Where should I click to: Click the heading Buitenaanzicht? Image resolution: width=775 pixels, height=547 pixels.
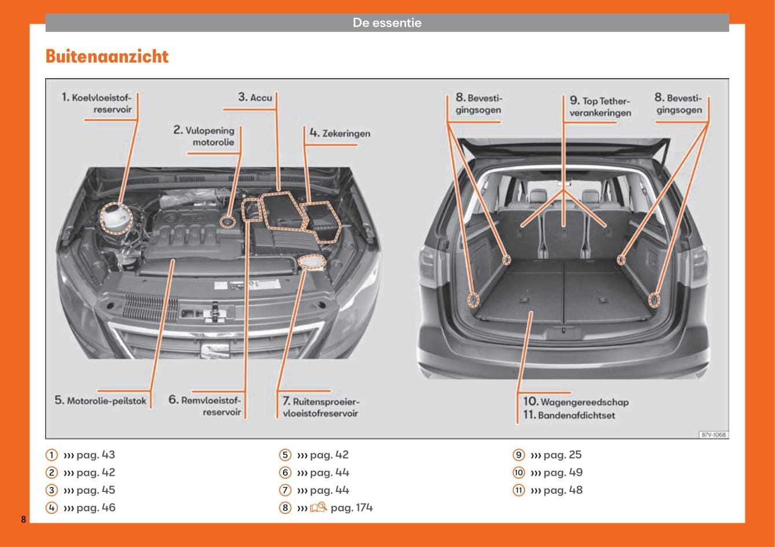coord(107,57)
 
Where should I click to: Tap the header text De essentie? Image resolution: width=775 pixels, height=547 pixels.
coord(387,23)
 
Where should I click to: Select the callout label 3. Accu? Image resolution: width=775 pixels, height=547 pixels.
coord(255,97)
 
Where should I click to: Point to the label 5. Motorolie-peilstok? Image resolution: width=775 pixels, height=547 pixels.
coord(101,400)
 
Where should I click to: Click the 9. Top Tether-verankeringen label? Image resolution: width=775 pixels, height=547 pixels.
coord(600,107)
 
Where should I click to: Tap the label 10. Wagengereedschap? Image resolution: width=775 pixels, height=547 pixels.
coord(575,402)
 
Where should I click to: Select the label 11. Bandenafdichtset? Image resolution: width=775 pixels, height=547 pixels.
coord(569,415)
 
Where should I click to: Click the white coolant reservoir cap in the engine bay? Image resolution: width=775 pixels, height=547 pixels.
coord(116,218)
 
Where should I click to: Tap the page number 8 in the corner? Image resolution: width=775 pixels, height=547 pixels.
coord(24,519)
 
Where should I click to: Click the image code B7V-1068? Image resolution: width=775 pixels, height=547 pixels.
coord(714,435)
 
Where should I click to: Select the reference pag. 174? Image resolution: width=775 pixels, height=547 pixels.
coord(351,508)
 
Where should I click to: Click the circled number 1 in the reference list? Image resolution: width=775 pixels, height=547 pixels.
coord(52,455)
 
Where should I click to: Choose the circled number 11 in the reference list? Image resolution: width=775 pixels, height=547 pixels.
coord(519,490)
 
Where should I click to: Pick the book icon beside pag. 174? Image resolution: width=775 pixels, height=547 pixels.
coord(318,508)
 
